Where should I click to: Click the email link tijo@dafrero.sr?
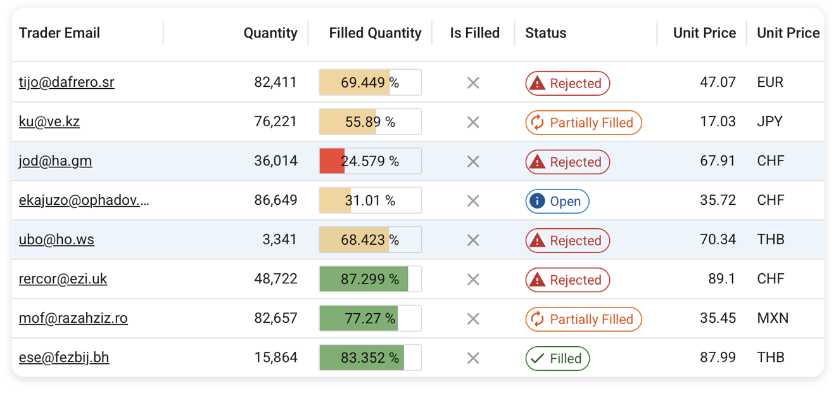[66, 82]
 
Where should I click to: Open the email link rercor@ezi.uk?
[63, 279]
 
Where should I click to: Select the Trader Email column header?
[60, 33]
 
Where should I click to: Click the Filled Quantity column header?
[375, 33]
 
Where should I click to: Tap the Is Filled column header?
[474, 33]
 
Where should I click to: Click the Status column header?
[545, 33]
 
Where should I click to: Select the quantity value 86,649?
[275, 200]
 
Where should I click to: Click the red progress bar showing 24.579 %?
[370, 161]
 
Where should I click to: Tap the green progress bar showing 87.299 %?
[370, 279]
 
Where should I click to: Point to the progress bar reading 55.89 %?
[370, 122]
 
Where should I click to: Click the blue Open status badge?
[557, 202]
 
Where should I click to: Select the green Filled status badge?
[557, 359]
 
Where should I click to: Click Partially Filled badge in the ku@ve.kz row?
[583, 123]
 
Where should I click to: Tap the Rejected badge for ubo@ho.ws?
[567, 241]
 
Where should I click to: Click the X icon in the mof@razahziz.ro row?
[472, 319]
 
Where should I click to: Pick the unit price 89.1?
[721, 279]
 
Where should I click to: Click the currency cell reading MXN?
[773, 318]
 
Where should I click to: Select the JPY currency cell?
[769, 122]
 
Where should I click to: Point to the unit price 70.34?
[718, 240]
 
